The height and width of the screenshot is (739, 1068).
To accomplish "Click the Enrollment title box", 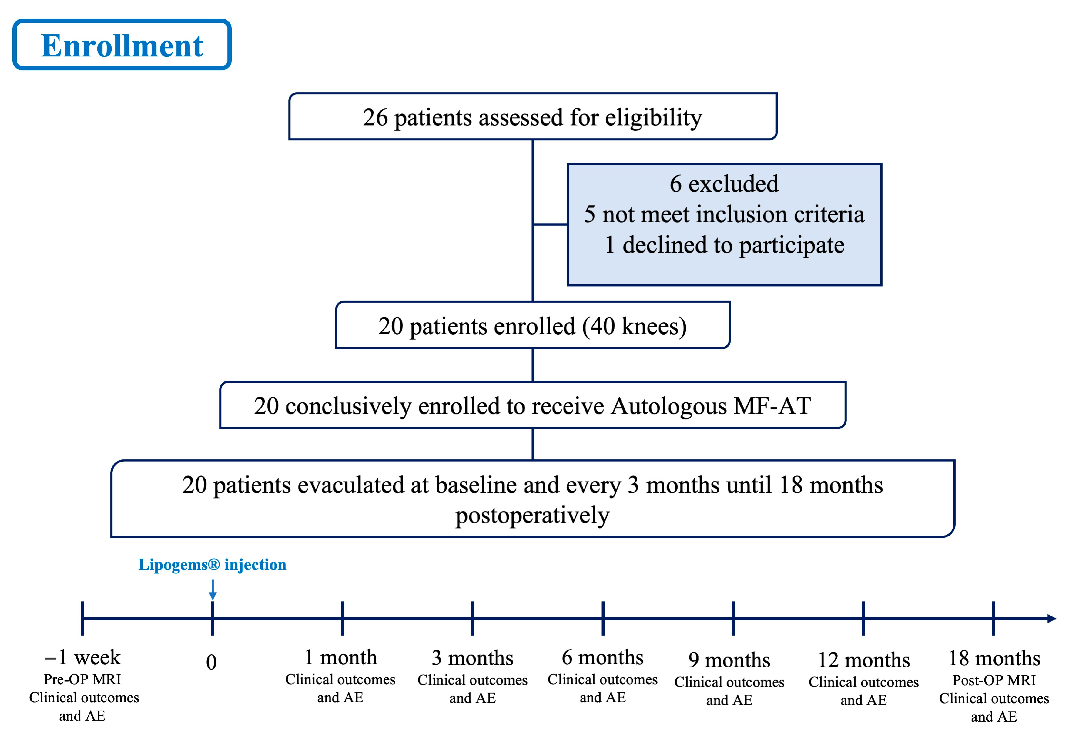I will tap(122, 45).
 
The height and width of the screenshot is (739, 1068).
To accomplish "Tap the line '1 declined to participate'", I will tap(724, 245).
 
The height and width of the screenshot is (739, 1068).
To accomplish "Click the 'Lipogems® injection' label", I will tap(212, 565).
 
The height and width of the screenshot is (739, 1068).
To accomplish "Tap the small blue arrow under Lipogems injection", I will tap(212, 591).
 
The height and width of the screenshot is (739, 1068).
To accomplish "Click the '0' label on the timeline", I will tap(211, 662).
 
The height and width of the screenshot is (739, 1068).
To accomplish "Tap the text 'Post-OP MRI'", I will tap(994, 680).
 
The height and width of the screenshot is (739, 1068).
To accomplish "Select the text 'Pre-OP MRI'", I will tap(82, 679).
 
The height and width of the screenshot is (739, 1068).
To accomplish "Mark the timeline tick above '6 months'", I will tap(603, 618).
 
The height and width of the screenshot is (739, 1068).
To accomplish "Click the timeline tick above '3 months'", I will tap(472, 618).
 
